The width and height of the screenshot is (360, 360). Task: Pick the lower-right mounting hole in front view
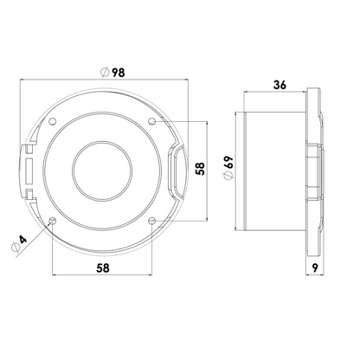(151, 220)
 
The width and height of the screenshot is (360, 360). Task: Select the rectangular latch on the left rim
(29, 170)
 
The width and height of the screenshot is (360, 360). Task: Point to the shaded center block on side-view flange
(314, 170)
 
